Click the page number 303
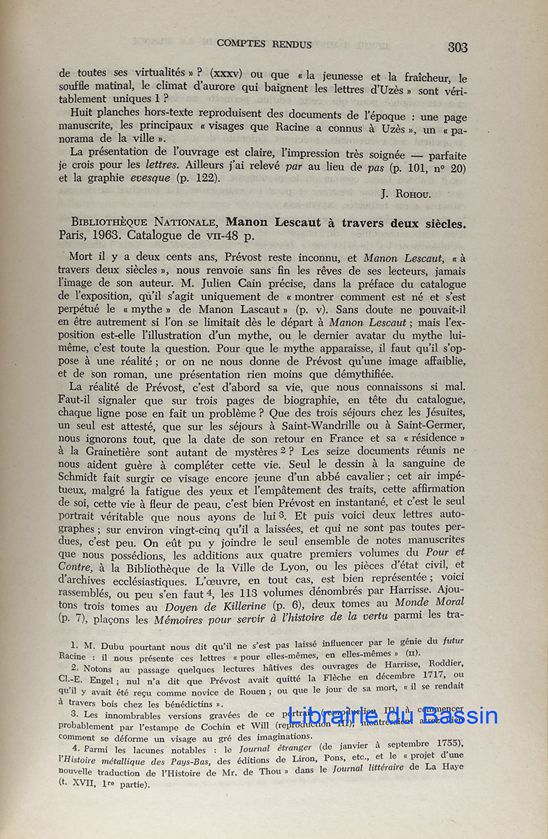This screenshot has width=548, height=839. pos(458,48)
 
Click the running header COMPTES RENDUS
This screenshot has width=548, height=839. pos(265,43)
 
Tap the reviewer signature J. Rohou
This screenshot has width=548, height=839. pos(424,194)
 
